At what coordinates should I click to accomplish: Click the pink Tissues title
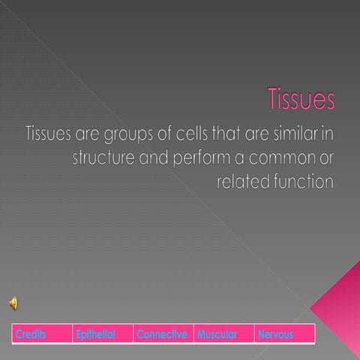coord(301,99)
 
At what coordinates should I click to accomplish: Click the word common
coord(276,159)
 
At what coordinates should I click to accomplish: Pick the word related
coord(241,182)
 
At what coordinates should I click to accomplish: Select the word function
coord(301,182)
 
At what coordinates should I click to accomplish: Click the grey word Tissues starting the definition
coord(47,134)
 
